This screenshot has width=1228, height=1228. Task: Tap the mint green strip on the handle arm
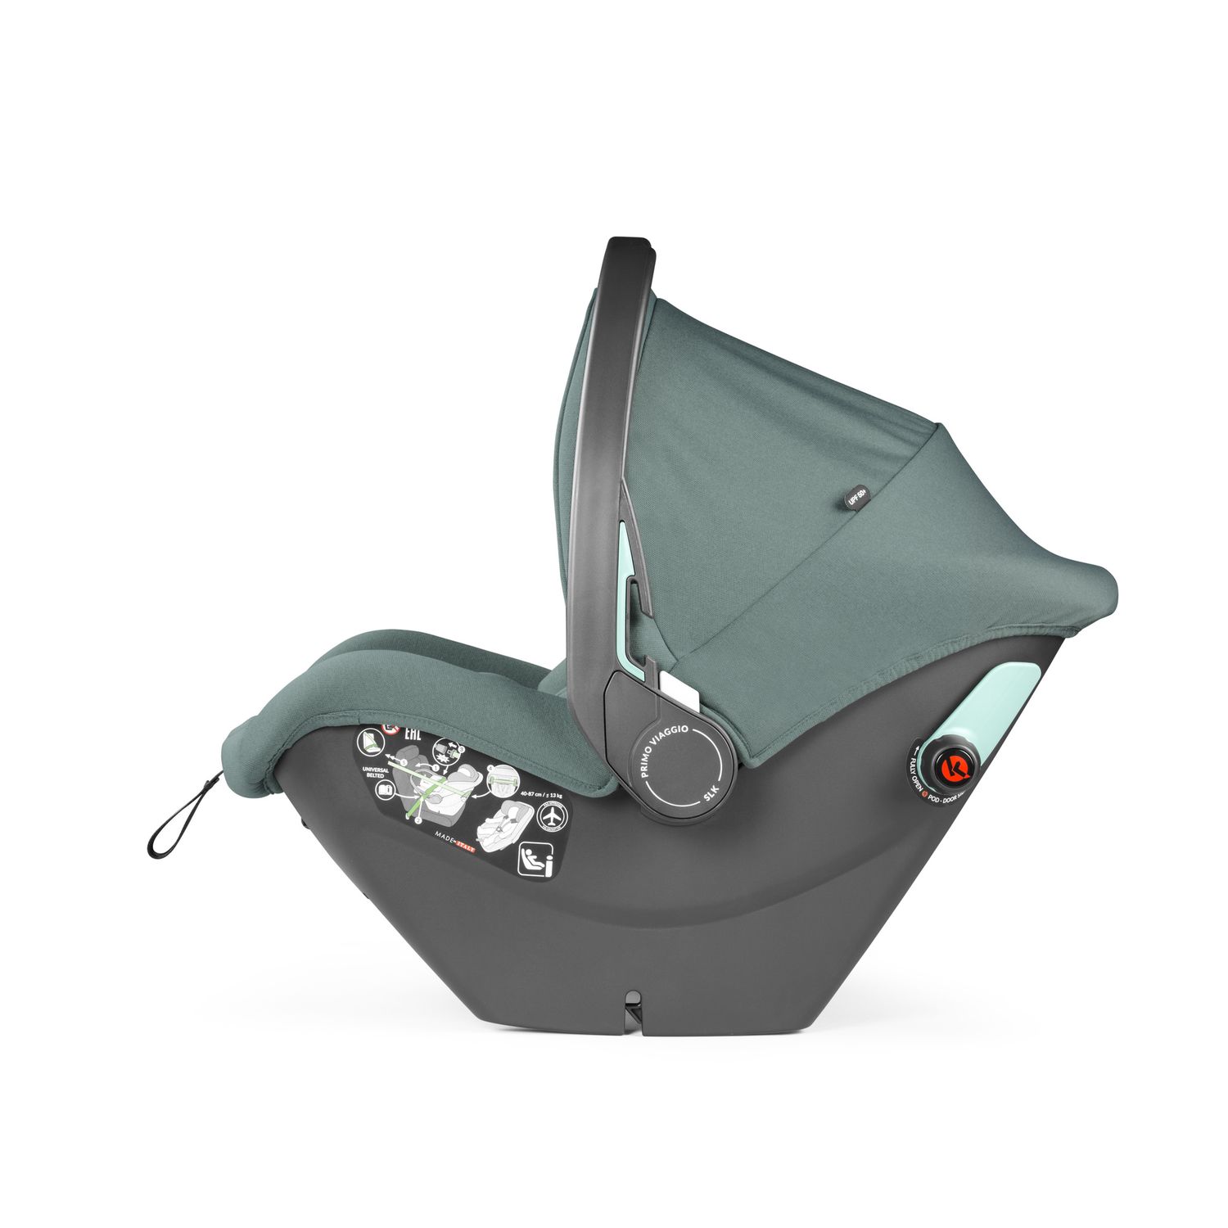tap(630, 573)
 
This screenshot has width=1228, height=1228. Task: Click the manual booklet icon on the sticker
tap(382, 790)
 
